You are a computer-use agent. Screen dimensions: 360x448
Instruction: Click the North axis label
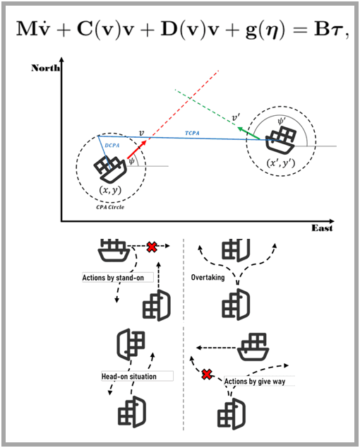tap(45, 68)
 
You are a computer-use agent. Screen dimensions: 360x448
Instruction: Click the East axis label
tap(322, 228)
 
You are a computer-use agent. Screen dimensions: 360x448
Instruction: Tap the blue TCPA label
tap(192, 133)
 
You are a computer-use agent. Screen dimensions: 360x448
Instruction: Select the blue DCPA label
tap(112, 146)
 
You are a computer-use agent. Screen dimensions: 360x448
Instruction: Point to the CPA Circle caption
tap(110, 207)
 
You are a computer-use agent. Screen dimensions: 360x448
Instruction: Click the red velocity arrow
tap(137, 149)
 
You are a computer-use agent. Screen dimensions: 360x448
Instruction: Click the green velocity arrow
tap(248, 134)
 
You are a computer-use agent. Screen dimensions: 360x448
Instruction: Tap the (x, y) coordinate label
tap(110, 190)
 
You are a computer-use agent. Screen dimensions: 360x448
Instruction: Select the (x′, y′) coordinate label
tap(281, 163)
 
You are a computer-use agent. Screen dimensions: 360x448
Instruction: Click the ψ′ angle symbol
tap(282, 121)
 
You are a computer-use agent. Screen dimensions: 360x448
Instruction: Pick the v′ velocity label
tap(236, 117)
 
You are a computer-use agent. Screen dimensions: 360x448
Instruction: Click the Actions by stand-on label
tap(113, 278)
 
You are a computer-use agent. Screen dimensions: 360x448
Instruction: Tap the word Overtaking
tap(208, 278)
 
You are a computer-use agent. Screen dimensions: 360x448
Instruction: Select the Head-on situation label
tap(129, 377)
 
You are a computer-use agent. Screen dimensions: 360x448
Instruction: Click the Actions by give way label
tap(255, 382)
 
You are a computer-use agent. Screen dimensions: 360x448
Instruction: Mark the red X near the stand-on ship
tap(152, 247)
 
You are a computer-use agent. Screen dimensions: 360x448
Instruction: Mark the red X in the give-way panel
tap(207, 375)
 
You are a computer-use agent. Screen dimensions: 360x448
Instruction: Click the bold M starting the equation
tap(25, 29)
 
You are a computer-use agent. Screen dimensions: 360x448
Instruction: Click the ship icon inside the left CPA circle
tap(110, 170)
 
